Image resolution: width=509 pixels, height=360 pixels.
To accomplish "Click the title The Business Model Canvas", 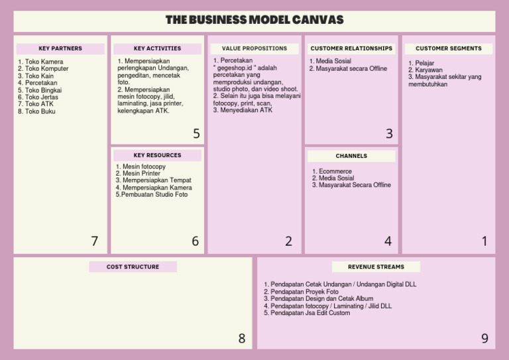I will tap(254, 20).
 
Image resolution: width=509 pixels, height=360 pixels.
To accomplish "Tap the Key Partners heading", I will tap(60, 48).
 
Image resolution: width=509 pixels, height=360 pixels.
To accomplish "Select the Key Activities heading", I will tap(157, 48).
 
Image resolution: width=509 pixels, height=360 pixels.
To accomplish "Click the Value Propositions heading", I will tap(254, 48).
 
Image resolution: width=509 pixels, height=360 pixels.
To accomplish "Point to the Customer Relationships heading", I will tap(351, 48).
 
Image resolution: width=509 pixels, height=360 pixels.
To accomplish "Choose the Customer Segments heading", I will tap(449, 48).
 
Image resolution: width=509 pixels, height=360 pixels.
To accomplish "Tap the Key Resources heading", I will tap(157, 155).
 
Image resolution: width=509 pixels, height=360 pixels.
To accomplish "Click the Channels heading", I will tap(351, 156).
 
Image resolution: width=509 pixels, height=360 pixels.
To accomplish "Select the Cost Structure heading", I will tap(133, 267).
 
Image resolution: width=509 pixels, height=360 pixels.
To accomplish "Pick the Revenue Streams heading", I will tap(376, 267).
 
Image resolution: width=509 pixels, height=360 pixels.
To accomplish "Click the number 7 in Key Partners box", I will tap(95, 241).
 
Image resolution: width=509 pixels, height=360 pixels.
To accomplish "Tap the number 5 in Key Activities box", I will tap(196, 134).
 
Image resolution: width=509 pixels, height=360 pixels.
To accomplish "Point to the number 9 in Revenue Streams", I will tap(484, 339).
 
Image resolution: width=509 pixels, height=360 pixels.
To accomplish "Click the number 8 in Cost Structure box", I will tap(242, 339).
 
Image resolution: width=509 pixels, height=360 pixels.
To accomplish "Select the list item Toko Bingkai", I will tap(42, 90).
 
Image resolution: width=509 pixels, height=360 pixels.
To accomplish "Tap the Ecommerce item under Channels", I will tap(335, 171).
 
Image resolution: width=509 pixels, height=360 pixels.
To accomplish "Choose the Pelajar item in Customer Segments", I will tap(424, 63).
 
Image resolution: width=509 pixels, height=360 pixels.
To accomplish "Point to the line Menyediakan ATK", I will tap(245, 111).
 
